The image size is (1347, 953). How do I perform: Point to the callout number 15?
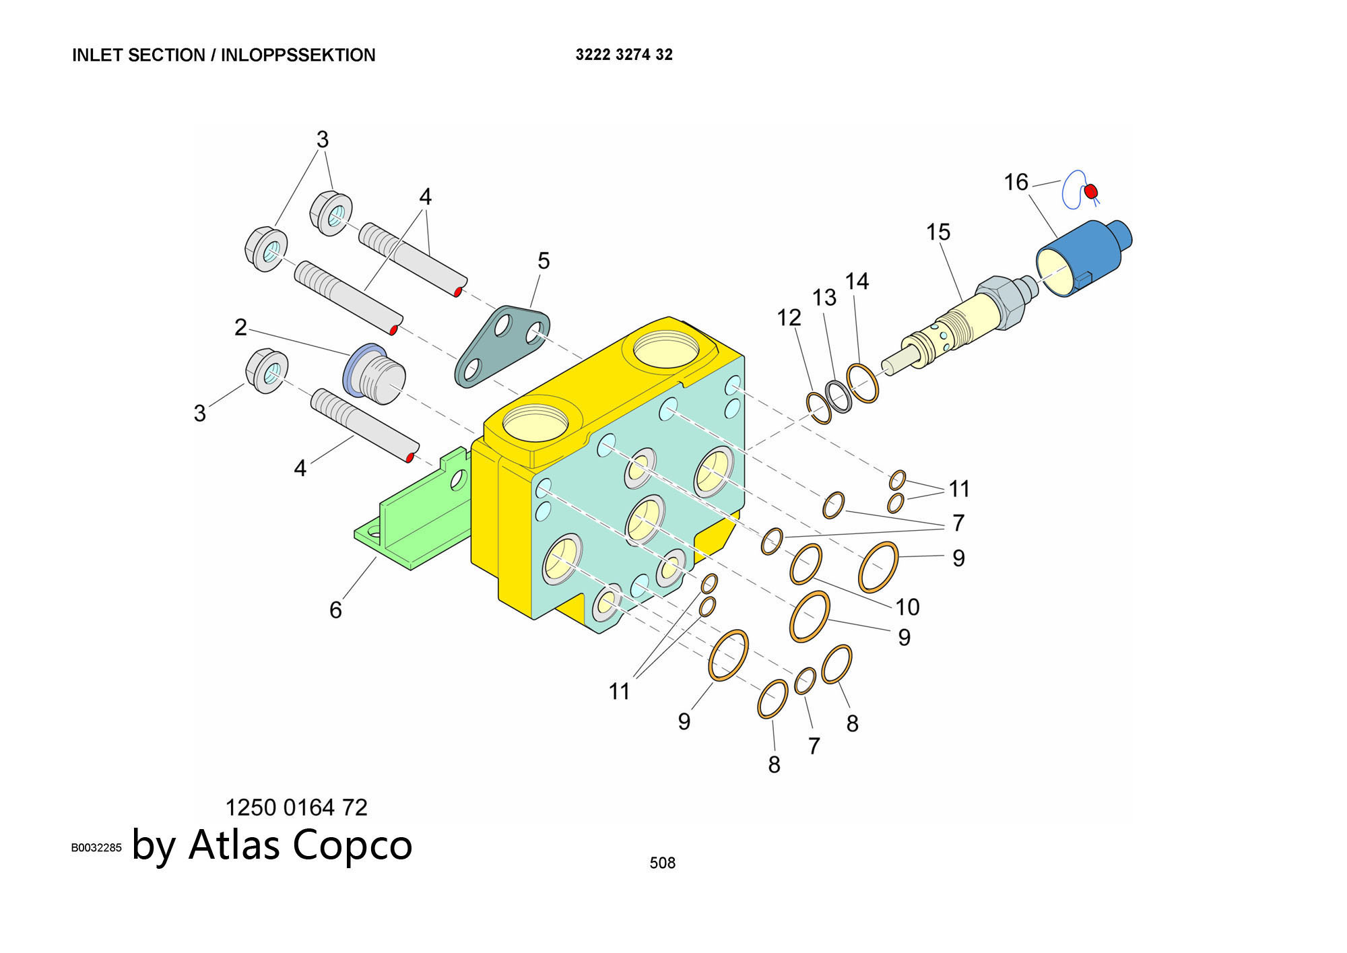938,232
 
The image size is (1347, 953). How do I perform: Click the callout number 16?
1016,182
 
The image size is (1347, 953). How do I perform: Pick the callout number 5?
544,261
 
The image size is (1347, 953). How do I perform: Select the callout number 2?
240,327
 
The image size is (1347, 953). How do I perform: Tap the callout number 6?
335,610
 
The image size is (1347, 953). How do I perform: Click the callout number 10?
907,607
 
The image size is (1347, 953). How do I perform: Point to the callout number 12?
789,317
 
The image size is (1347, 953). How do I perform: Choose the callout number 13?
824,297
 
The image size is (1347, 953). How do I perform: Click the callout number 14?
857,282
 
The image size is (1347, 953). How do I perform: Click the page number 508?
662,863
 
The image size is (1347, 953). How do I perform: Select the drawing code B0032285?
96,848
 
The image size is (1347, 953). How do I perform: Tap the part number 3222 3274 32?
624,55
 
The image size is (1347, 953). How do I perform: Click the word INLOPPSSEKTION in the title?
298,55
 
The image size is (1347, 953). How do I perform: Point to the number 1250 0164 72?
296,807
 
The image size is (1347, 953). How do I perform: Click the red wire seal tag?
1090,192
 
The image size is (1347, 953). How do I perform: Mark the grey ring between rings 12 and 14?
839,397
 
